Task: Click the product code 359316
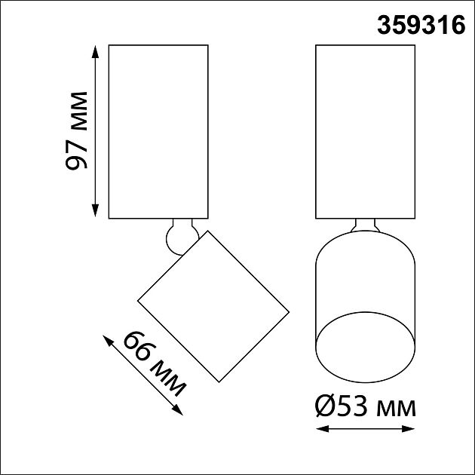click(421, 26)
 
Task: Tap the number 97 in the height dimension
click(78, 154)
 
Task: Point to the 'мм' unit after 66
click(169, 379)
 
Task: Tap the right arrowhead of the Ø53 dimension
click(412, 430)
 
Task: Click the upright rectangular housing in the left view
click(158, 131)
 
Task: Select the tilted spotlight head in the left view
click(213, 305)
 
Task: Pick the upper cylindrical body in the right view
click(365, 131)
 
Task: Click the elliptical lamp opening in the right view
click(365, 344)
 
